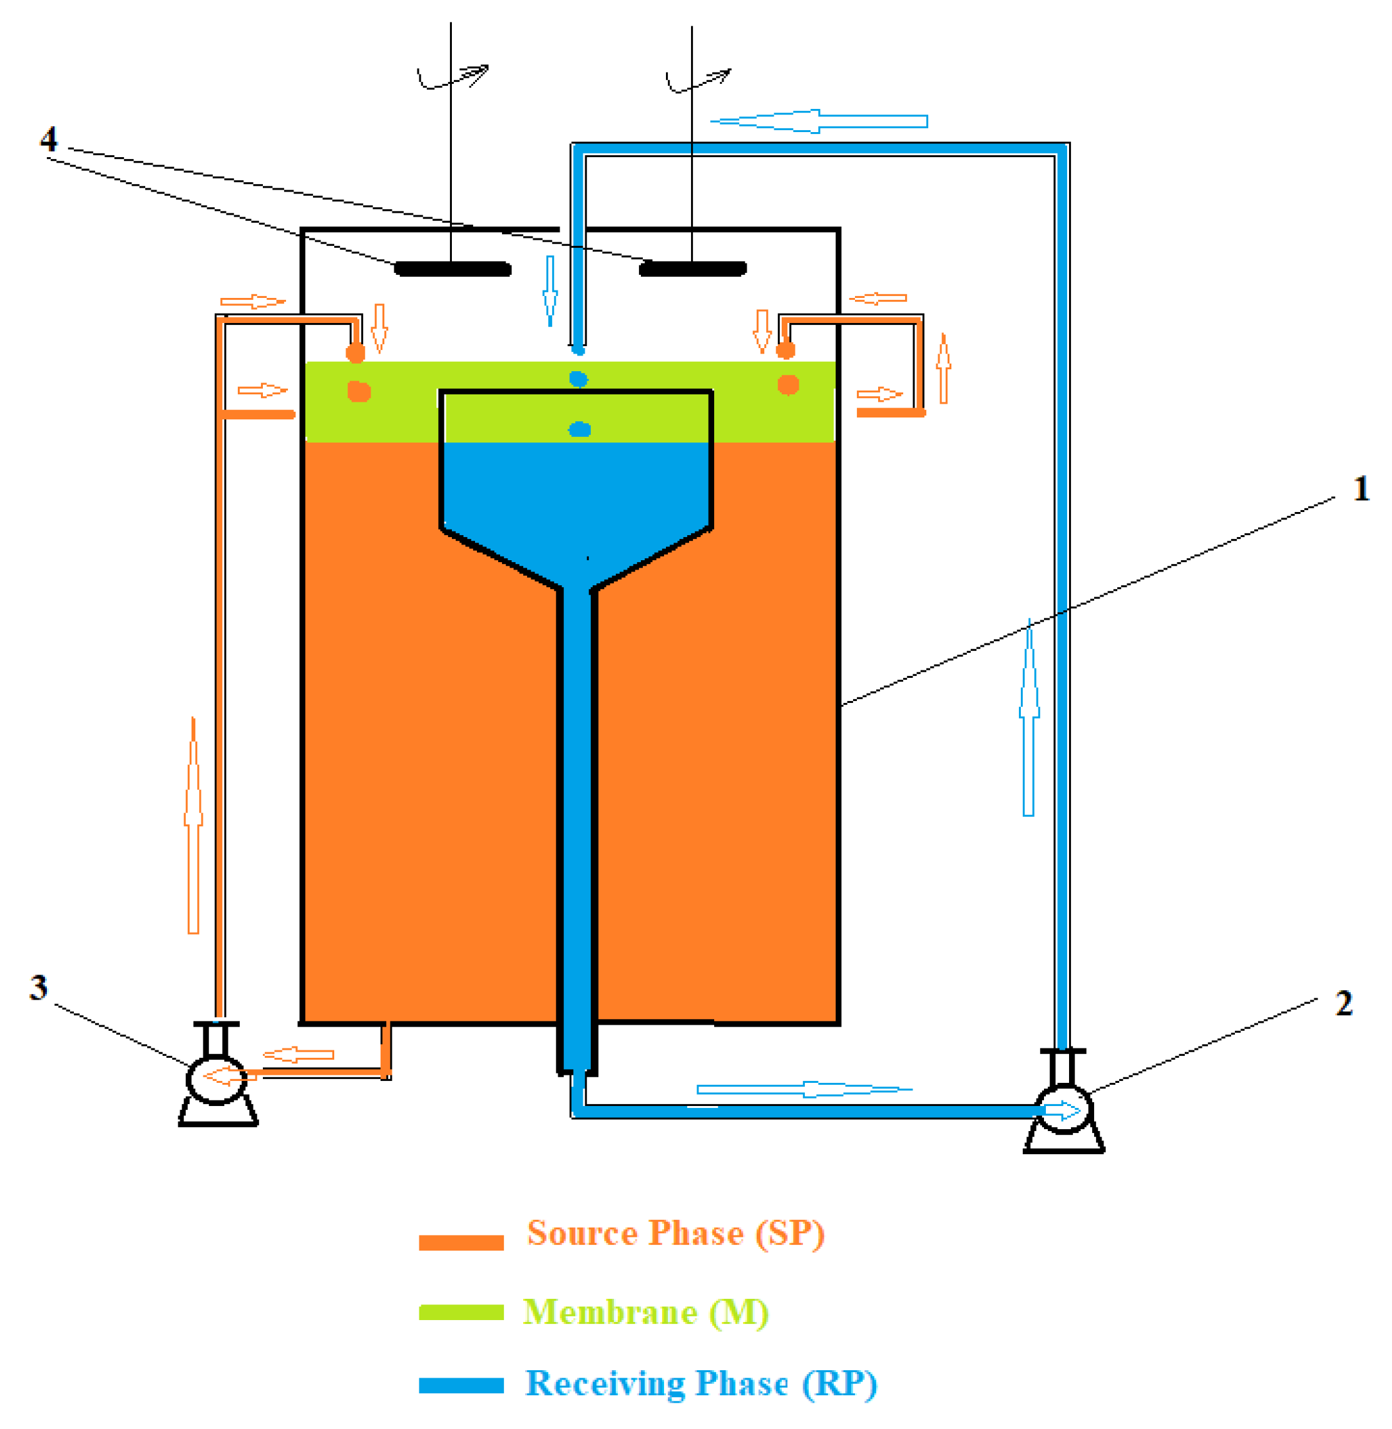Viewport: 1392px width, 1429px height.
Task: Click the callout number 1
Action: [1361, 489]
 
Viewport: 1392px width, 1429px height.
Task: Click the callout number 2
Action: [1344, 1003]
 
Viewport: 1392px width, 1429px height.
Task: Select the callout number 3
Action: [39, 988]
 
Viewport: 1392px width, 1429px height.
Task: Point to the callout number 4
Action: [49, 139]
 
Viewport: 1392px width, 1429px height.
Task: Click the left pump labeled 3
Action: [217, 1079]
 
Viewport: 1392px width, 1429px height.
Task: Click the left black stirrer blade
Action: [453, 269]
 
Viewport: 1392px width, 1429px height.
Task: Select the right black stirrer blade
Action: [692, 269]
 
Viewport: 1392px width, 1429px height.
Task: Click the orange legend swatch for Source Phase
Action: [461, 1242]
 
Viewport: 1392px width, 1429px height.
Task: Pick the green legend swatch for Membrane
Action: [461, 1313]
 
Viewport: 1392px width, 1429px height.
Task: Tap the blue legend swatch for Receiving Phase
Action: [461, 1385]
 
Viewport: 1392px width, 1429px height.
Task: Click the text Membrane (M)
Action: [645, 1312]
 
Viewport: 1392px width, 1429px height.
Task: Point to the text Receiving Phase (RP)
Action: [701, 1384]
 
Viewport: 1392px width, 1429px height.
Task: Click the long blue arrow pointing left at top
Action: [819, 121]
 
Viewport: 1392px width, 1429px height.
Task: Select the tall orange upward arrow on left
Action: [193, 826]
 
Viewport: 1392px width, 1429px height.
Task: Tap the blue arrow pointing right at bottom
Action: [804, 1089]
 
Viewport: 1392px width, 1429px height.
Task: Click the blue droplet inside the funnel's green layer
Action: [580, 429]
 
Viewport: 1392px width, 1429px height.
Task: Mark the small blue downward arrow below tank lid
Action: [550, 291]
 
